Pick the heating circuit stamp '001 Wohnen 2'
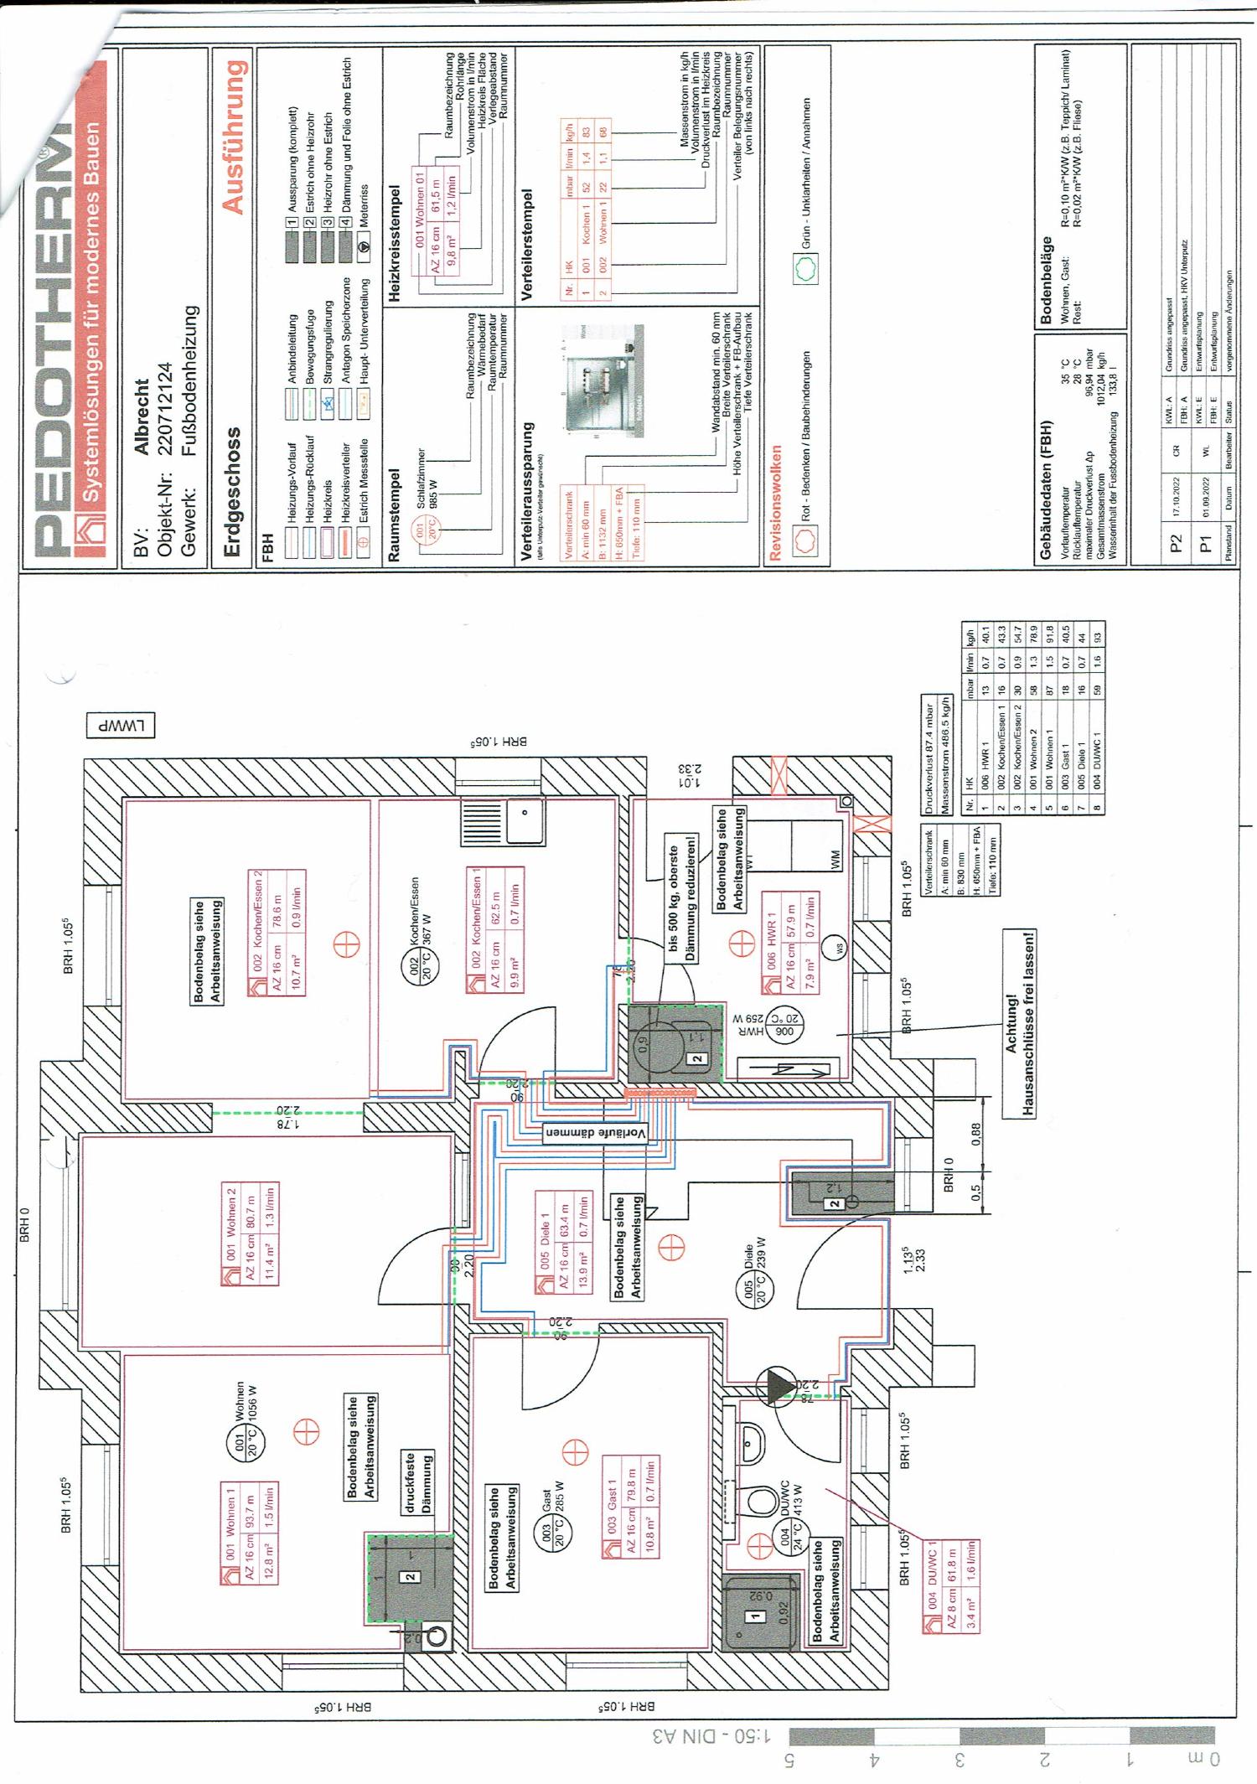249,1234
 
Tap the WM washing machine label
835,860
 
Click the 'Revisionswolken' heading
776,502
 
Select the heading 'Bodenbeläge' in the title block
1046,281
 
